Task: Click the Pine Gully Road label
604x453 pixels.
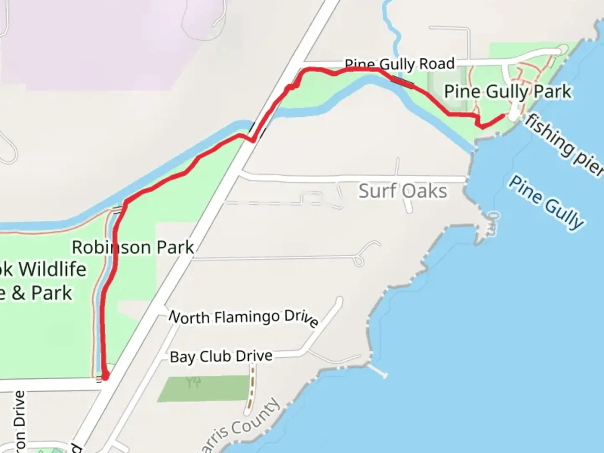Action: click(x=399, y=64)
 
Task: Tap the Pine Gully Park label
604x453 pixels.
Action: click(x=508, y=92)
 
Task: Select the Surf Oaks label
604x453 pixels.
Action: click(x=403, y=191)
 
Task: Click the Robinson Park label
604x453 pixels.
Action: click(x=133, y=247)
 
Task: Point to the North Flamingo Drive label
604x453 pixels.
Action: click(x=243, y=318)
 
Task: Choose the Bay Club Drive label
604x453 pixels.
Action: click(x=221, y=357)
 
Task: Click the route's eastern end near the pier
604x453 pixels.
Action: click(x=502, y=115)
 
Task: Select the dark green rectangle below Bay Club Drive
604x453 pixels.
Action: click(x=203, y=388)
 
